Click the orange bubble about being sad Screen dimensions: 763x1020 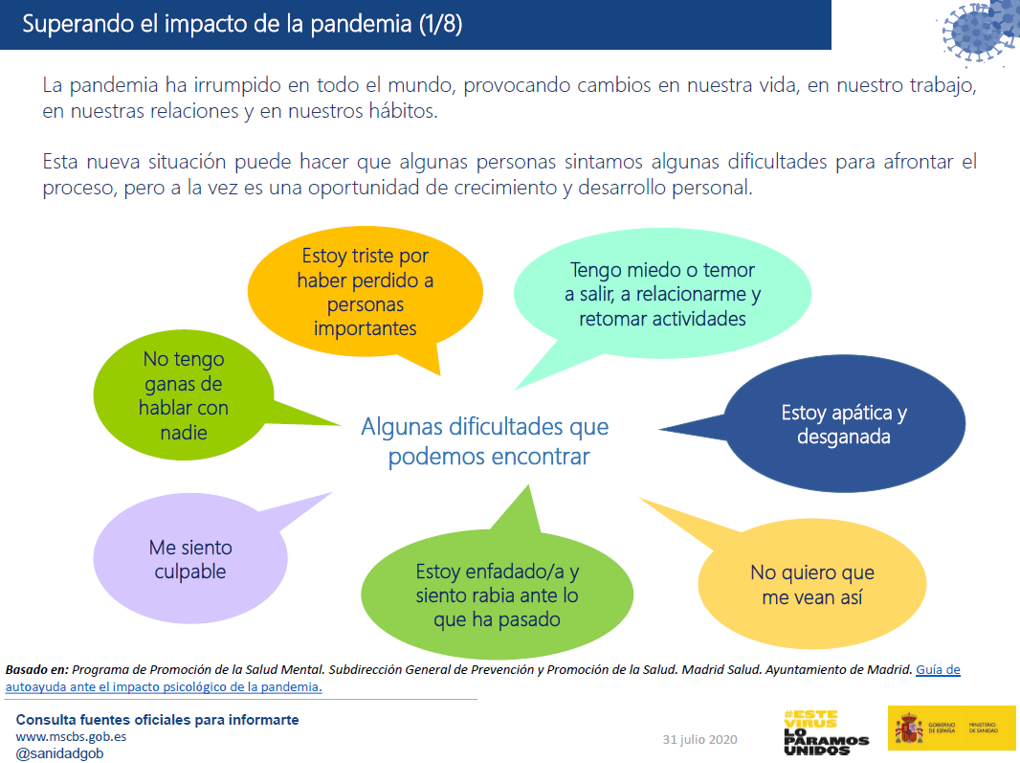tap(365, 293)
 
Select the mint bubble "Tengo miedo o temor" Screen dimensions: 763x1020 tap(662, 295)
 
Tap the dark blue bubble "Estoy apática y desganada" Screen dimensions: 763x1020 tap(843, 425)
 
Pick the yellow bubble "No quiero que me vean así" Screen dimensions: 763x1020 tap(811, 585)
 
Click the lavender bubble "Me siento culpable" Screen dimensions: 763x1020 tap(189, 560)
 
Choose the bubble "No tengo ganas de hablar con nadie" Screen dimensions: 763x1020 tap(184, 396)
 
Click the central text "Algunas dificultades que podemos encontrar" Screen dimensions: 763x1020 tap(485, 441)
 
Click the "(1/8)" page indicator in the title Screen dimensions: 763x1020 tap(440, 24)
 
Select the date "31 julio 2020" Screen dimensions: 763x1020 tap(700, 740)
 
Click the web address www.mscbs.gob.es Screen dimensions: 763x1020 tap(71, 737)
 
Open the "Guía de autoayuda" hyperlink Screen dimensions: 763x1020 tap(938, 670)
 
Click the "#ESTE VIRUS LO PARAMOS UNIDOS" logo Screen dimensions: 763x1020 tap(825, 732)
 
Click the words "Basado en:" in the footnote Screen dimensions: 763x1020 tap(36, 670)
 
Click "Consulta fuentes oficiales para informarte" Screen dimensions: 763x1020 tap(157, 720)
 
